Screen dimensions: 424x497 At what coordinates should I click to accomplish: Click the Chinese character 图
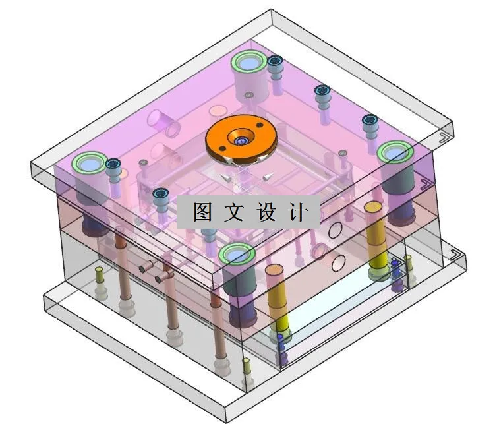point(203,212)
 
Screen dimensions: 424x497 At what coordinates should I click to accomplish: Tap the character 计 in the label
point(299,212)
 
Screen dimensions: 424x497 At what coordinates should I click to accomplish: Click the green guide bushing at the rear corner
point(248,63)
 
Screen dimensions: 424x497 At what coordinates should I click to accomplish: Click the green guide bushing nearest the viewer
point(237,254)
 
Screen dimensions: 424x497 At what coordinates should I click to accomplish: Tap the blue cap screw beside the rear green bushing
point(275,62)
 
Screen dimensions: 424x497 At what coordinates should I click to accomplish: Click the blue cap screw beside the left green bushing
point(113,164)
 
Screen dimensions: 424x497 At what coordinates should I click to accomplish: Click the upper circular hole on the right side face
point(336,230)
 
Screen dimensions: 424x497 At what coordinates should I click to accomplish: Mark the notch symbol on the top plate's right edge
point(443,137)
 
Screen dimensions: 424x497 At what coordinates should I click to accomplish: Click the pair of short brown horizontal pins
point(156,272)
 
